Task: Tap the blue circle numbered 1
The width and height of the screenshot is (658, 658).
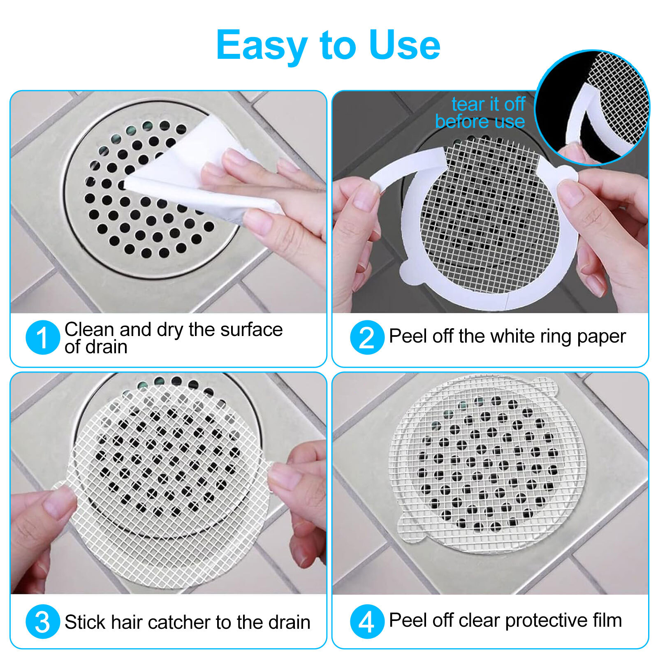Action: (43, 337)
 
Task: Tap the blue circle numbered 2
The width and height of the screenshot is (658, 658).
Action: (367, 337)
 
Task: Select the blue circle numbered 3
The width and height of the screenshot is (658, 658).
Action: (43, 621)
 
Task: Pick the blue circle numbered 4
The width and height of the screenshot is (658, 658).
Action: (367, 621)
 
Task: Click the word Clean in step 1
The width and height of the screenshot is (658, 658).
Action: (89, 329)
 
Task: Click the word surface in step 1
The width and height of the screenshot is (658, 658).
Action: (251, 329)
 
